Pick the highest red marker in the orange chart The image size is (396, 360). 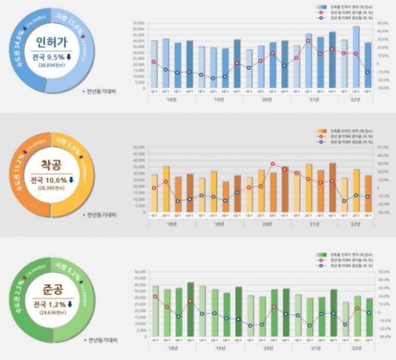(x=273, y=164)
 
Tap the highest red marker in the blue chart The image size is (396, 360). (x=308, y=41)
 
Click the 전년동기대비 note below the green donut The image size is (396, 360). (x=101, y=342)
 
